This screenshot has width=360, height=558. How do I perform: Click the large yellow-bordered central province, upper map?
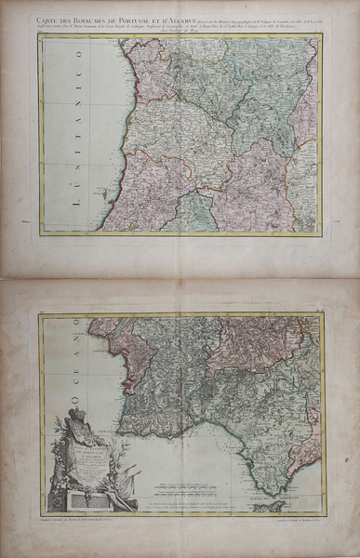(x=191, y=139)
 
